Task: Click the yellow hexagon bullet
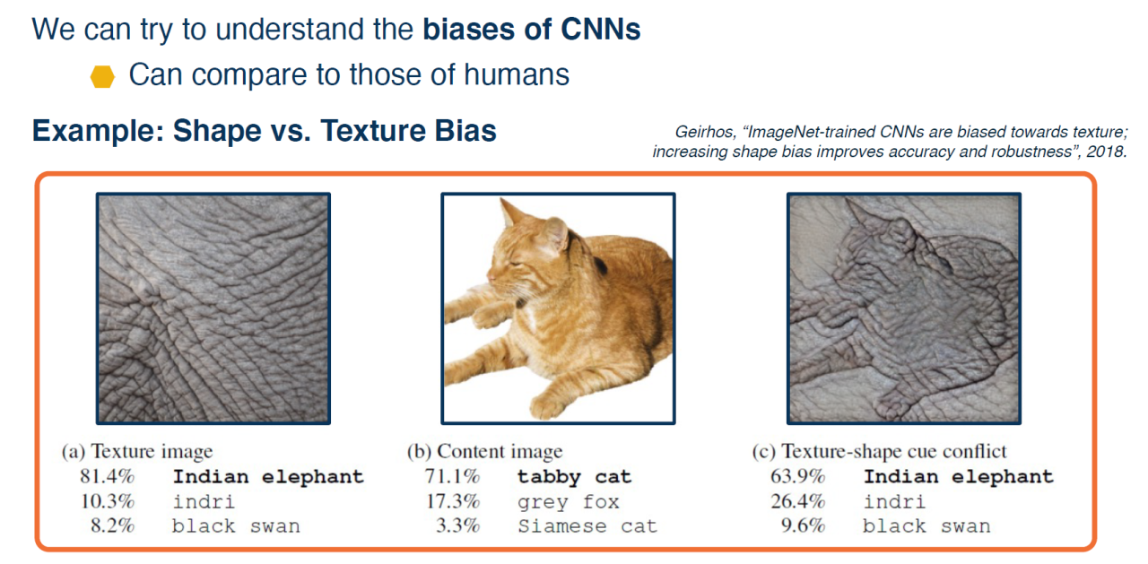click(102, 76)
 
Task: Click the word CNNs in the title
click(600, 29)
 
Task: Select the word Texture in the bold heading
click(374, 131)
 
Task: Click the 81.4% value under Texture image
click(107, 476)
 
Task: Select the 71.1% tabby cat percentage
click(452, 476)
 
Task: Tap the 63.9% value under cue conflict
click(797, 476)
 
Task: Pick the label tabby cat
click(574, 477)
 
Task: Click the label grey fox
click(569, 502)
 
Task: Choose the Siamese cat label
click(587, 526)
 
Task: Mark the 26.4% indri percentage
click(797, 501)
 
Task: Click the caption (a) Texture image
click(137, 452)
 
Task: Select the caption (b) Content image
click(484, 452)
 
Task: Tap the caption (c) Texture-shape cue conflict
click(879, 452)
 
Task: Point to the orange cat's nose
click(491, 277)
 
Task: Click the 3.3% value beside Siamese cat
click(457, 525)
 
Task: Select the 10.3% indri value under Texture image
click(107, 501)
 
